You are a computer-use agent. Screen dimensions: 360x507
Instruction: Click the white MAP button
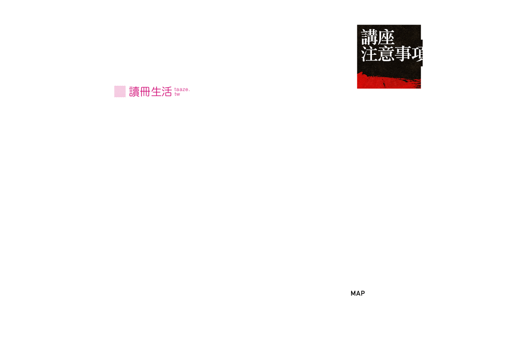(x=357, y=293)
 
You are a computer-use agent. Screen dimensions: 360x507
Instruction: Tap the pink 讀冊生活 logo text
(x=150, y=91)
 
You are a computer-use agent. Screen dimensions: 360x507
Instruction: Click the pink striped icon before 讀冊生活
(x=120, y=91)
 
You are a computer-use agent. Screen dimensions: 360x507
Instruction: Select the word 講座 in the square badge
(x=378, y=37)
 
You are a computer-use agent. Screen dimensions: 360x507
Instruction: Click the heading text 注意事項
(x=395, y=54)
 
